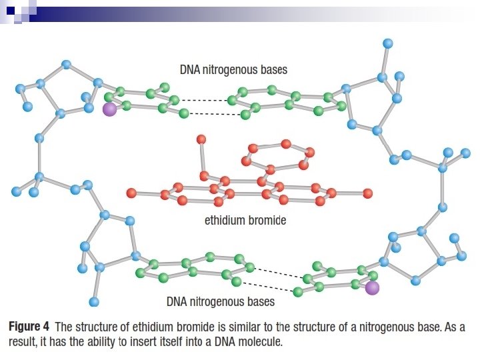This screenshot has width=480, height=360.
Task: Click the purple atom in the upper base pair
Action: [x=109, y=109]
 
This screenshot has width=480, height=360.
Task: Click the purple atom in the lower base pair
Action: [x=372, y=287]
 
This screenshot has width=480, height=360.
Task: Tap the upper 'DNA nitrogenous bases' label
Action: [x=233, y=69]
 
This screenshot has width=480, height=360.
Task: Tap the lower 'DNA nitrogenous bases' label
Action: [x=220, y=302]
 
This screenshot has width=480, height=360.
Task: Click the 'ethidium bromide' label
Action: [x=245, y=220]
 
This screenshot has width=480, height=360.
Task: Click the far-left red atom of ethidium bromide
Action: [x=131, y=193]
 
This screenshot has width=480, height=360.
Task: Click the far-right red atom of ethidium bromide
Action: [x=367, y=193]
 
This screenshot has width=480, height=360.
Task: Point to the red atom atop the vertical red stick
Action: [x=201, y=139]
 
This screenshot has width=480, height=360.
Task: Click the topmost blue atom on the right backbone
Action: [x=388, y=43]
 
